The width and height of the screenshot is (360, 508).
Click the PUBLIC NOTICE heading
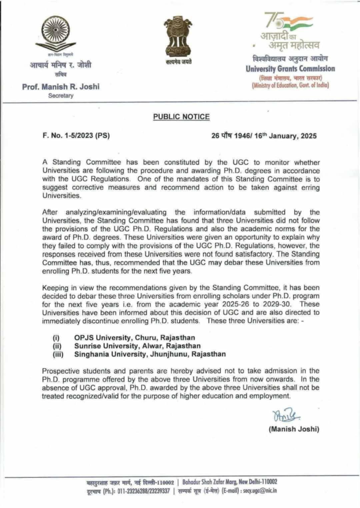[x=181, y=117]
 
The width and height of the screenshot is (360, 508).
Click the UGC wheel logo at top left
[x=56, y=33]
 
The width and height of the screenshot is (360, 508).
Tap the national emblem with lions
[x=178, y=37]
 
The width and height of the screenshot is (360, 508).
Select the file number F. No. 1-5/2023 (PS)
[x=76, y=136]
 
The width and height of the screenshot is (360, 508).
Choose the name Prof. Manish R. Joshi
[x=61, y=87]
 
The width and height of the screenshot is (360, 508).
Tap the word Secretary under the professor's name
[x=61, y=96]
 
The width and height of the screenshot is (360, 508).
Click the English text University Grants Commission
[x=290, y=69]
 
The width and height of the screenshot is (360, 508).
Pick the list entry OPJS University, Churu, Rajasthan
[x=134, y=337]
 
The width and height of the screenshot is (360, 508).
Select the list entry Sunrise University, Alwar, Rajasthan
[x=137, y=346]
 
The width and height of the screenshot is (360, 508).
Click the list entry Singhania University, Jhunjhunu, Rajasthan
[x=150, y=354]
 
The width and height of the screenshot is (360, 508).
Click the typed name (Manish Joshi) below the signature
[x=294, y=429]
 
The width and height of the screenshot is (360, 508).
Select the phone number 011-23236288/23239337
[x=143, y=491]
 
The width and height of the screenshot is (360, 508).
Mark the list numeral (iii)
[x=58, y=354]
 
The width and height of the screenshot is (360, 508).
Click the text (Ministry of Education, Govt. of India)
[x=290, y=86]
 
